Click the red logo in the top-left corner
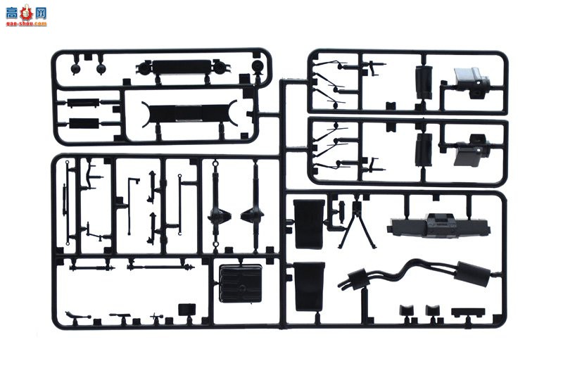[x=27, y=13]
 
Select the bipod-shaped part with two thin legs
[x=355, y=225]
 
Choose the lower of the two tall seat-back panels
[x=310, y=286]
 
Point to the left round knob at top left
[x=76, y=68]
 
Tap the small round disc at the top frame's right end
[x=256, y=68]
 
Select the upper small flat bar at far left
[x=84, y=103]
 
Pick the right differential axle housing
[x=252, y=215]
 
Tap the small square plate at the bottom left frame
[x=187, y=308]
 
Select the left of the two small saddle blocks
[x=407, y=310]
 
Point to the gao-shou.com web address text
[x=27, y=23]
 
